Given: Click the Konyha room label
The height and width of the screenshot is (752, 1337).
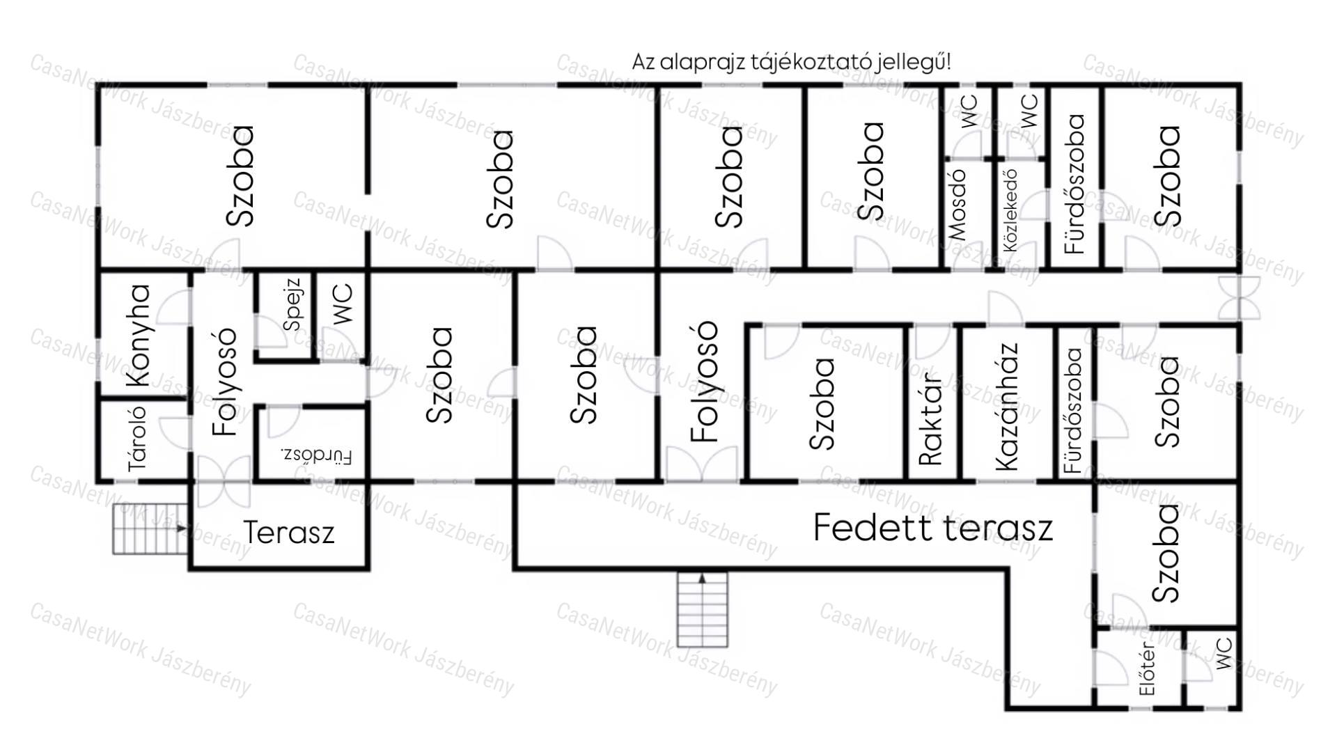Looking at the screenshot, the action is pyautogui.click(x=139, y=335).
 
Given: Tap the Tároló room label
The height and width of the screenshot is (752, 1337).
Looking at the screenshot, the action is pyautogui.click(x=138, y=438).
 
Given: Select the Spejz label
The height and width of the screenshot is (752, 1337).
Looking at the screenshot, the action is pyautogui.click(x=292, y=304).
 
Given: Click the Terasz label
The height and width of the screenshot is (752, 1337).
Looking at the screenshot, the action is pyautogui.click(x=289, y=533).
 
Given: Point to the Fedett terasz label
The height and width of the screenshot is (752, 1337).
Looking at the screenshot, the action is pyautogui.click(x=933, y=527).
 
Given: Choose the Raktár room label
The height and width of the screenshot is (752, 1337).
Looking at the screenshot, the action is pyautogui.click(x=930, y=417).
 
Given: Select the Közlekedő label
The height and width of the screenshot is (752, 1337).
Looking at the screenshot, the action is pyautogui.click(x=1010, y=210).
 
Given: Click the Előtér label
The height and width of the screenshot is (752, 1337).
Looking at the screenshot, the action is pyautogui.click(x=1147, y=669).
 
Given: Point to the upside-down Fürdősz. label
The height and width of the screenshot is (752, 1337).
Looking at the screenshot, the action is pyautogui.click(x=317, y=456).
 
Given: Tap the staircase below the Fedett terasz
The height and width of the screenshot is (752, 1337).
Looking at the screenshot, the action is pyautogui.click(x=703, y=610).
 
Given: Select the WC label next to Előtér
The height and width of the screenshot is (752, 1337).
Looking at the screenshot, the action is pyautogui.click(x=1223, y=652).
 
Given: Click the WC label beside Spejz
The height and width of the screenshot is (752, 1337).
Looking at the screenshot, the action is pyautogui.click(x=343, y=304).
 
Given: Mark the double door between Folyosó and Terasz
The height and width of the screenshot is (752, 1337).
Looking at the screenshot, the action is pyautogui.click(x=224, y=481).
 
